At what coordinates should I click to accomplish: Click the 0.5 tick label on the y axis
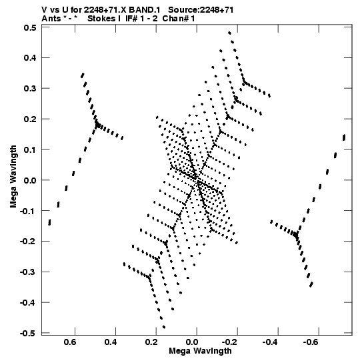tap(30, 27)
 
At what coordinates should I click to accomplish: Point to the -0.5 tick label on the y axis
tap(28, 333)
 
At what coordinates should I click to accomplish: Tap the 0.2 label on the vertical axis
tap(30, 119)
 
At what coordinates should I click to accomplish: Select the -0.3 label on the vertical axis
tap(28, 272)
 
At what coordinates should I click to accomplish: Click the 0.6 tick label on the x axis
tap(70, 342)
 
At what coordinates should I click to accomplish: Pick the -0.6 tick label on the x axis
tap(311, 342)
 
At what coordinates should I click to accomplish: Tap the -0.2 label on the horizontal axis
tap(229, 342)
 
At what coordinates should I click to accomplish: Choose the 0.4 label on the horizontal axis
tap(111, 342)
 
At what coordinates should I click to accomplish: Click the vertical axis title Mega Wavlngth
tap(13, 177)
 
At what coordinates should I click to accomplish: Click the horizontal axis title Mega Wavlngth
tap(200, 351)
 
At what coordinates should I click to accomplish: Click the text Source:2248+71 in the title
tap(201, 10)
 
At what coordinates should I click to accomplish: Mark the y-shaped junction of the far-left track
tap(98, 125)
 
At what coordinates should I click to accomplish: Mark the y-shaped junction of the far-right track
tap(296, 235)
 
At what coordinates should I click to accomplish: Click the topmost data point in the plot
tap(229, 33)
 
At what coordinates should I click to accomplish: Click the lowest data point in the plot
tap(164, 327)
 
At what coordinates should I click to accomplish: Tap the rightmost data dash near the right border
tap(344, 137)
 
